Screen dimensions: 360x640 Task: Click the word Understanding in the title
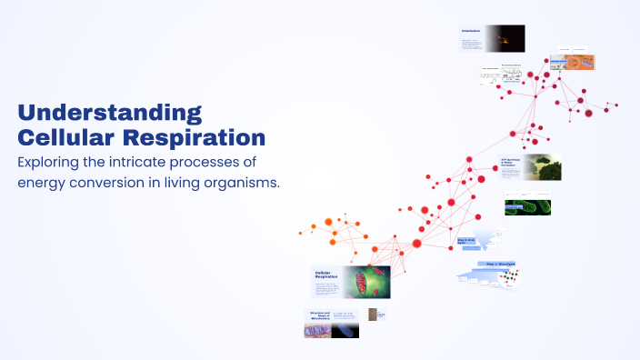[x=110, y=114]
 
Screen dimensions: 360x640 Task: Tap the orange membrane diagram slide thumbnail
[x=575, y=62]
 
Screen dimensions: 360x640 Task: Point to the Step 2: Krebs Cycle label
[x=467, y=243]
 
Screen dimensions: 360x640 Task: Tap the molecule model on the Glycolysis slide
[x=505, y=278]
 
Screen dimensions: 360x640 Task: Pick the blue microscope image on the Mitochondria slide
[x=345, y=327]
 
